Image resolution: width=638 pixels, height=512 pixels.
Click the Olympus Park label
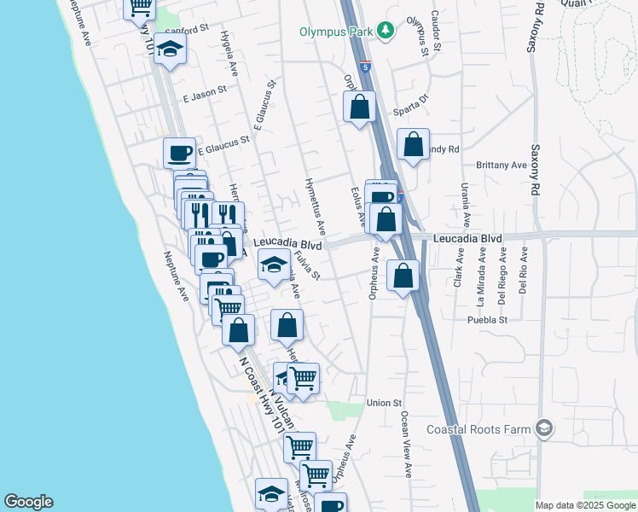point(337,32)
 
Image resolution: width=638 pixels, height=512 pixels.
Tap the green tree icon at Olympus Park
point(386,31)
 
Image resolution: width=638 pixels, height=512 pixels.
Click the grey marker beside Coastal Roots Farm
point(543,428)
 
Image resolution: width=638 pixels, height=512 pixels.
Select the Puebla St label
point(487,320)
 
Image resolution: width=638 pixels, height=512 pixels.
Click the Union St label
point(383,403)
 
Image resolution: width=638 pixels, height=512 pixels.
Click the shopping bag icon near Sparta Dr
point(359,108)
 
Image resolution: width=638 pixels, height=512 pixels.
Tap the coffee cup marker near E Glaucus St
point(179,154)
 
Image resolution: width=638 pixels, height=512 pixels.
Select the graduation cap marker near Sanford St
point(171,50)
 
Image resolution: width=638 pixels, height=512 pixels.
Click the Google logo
point(28,502)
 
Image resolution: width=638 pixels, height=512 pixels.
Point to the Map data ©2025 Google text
point(584,505)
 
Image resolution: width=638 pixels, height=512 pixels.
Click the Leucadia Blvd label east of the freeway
point(467,238)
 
